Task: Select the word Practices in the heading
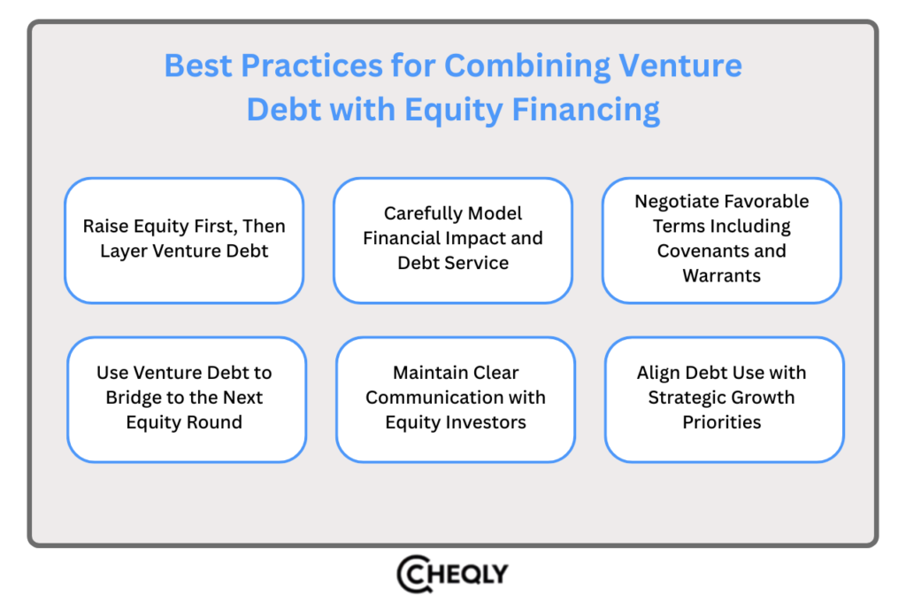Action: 311,66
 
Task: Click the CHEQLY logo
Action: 452,574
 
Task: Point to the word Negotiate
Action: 672,202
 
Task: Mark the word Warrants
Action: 722,275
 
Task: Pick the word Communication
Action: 434,397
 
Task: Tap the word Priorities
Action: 722,422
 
